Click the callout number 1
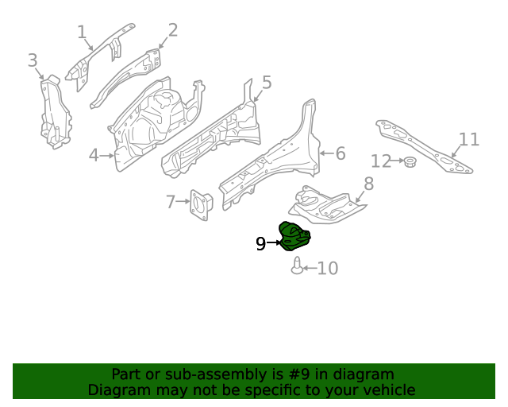click(x=81, y=32)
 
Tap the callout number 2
click(x=172, y=30)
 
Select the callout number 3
click(x=32, y=60)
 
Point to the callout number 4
click(x=93, y=155)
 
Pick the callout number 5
click(x=267, y=82)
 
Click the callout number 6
click(x=340, y=153)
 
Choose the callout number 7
click(x=171, y=202)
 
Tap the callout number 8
click(x=368, y=184)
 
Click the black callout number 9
click(x=260, y=244)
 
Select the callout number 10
click(x=327, y=269)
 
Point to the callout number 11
click(x=469, y=140)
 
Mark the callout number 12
click(x=381, y=161)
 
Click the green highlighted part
click(x=294, y=237)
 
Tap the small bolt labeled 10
click(x=297, y=266)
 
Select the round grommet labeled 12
click(x=410, y=163)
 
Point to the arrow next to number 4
click(x=108, y=155)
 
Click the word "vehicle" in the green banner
click(x=387, y=390)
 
